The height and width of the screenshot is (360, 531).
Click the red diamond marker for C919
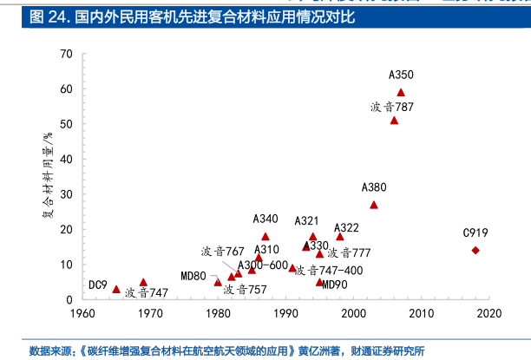click(475, 251)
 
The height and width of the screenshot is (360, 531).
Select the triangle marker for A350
click(401, 92)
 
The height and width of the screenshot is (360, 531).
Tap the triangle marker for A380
click(374, 205)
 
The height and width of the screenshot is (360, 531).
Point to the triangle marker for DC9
click(116, 289)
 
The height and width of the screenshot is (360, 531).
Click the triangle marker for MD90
click(319, 282)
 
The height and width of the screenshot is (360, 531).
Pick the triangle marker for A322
click(340, 237)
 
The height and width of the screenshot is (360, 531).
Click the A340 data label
click(265, 219)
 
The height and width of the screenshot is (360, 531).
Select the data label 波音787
click(392, 107)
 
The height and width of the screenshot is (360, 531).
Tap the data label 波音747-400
click(329, 271)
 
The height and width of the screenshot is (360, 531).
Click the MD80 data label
click(193, 277)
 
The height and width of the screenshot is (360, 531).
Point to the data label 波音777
click(349, 253)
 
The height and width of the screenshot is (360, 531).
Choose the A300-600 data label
click(263, 265)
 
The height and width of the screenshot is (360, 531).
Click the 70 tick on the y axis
click(67, 55)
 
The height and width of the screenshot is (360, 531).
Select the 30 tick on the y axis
click(67, 194)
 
